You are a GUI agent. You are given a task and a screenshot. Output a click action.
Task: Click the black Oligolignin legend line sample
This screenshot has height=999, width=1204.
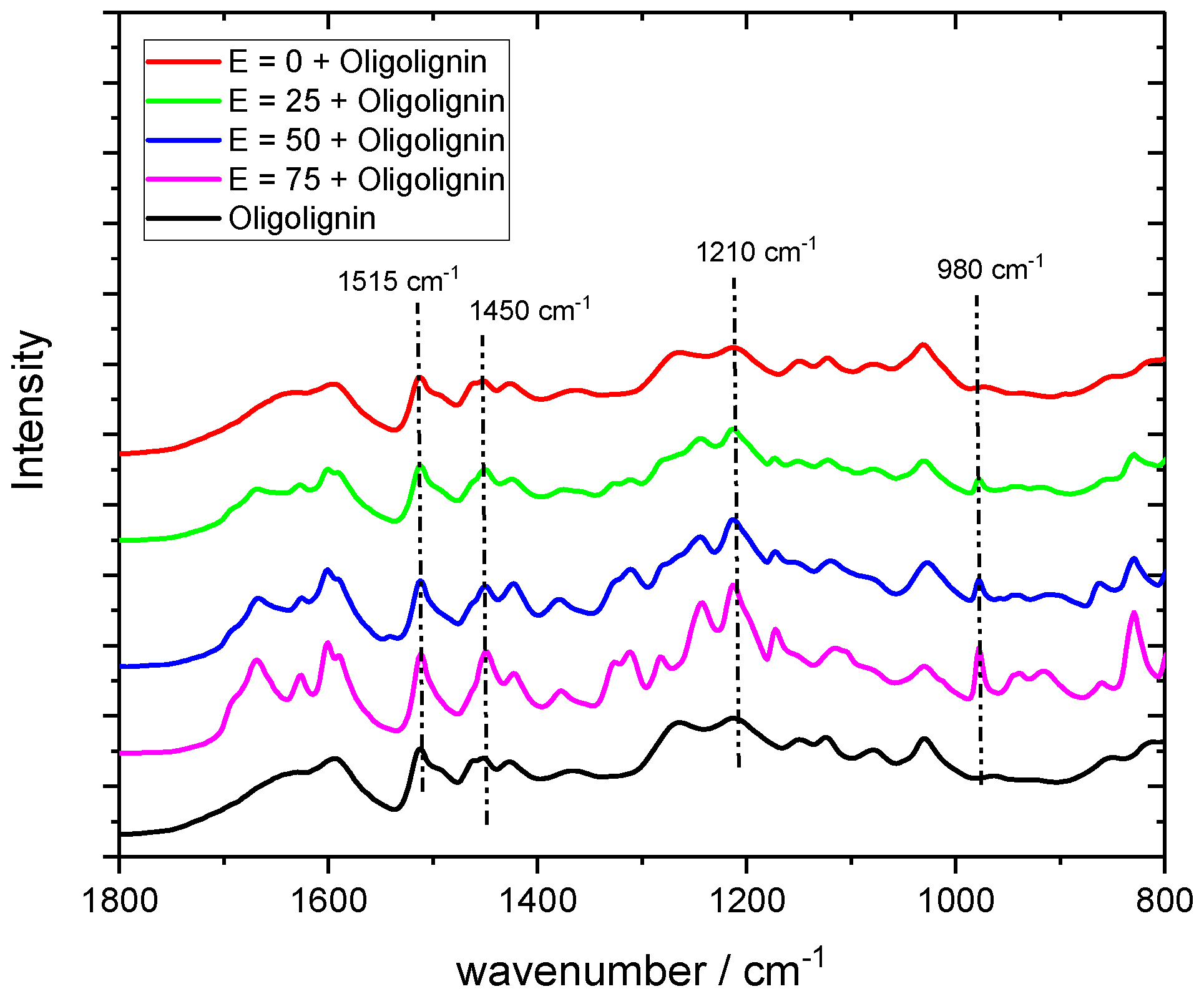coord(184,218)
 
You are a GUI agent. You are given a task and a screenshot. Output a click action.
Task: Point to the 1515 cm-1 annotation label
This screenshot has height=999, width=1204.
coord(398,281)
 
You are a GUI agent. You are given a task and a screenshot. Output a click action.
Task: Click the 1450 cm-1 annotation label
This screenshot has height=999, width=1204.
coord(529,310)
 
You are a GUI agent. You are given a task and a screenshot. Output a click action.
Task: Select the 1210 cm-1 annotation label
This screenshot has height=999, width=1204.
coord(755,251)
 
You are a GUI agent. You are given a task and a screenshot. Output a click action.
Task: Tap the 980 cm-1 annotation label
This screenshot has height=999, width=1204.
coord(989,269)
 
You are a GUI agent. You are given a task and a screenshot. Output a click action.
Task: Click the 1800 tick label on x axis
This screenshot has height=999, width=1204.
coord(119,902)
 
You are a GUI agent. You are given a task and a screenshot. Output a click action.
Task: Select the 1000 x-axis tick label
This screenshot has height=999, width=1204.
coord(956,902)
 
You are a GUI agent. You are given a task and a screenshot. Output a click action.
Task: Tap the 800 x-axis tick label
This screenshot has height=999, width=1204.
coord(1163,902)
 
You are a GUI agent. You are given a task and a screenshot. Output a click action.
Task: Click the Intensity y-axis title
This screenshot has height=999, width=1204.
coord(29,410)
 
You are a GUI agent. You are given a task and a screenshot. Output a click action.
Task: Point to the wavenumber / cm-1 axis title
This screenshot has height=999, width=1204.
coord(640,969)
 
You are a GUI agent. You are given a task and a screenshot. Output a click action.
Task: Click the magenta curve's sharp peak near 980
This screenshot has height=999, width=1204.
coord(979,650)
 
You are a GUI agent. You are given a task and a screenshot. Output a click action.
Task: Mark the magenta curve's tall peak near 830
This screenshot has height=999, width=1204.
coord(1134,614)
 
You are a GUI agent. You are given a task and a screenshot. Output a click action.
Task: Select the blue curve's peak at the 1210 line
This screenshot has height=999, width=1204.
coord(734,520)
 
